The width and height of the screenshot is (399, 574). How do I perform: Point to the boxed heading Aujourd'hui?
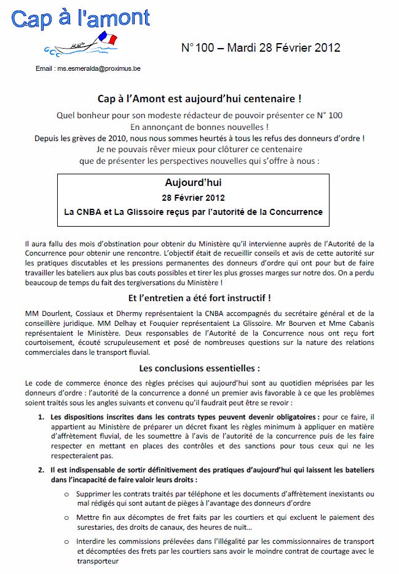(193, 183)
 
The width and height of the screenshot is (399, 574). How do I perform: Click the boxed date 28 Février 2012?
(193, 198)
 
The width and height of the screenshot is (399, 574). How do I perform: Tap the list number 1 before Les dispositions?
(41, 417)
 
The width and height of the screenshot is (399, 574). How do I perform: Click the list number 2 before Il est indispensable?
(41, 469)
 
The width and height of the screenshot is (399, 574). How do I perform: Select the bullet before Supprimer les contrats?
(66, 494)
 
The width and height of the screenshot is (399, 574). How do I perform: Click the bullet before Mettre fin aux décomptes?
(66, 517)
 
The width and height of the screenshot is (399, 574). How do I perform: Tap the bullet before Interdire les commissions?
(66, 541)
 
